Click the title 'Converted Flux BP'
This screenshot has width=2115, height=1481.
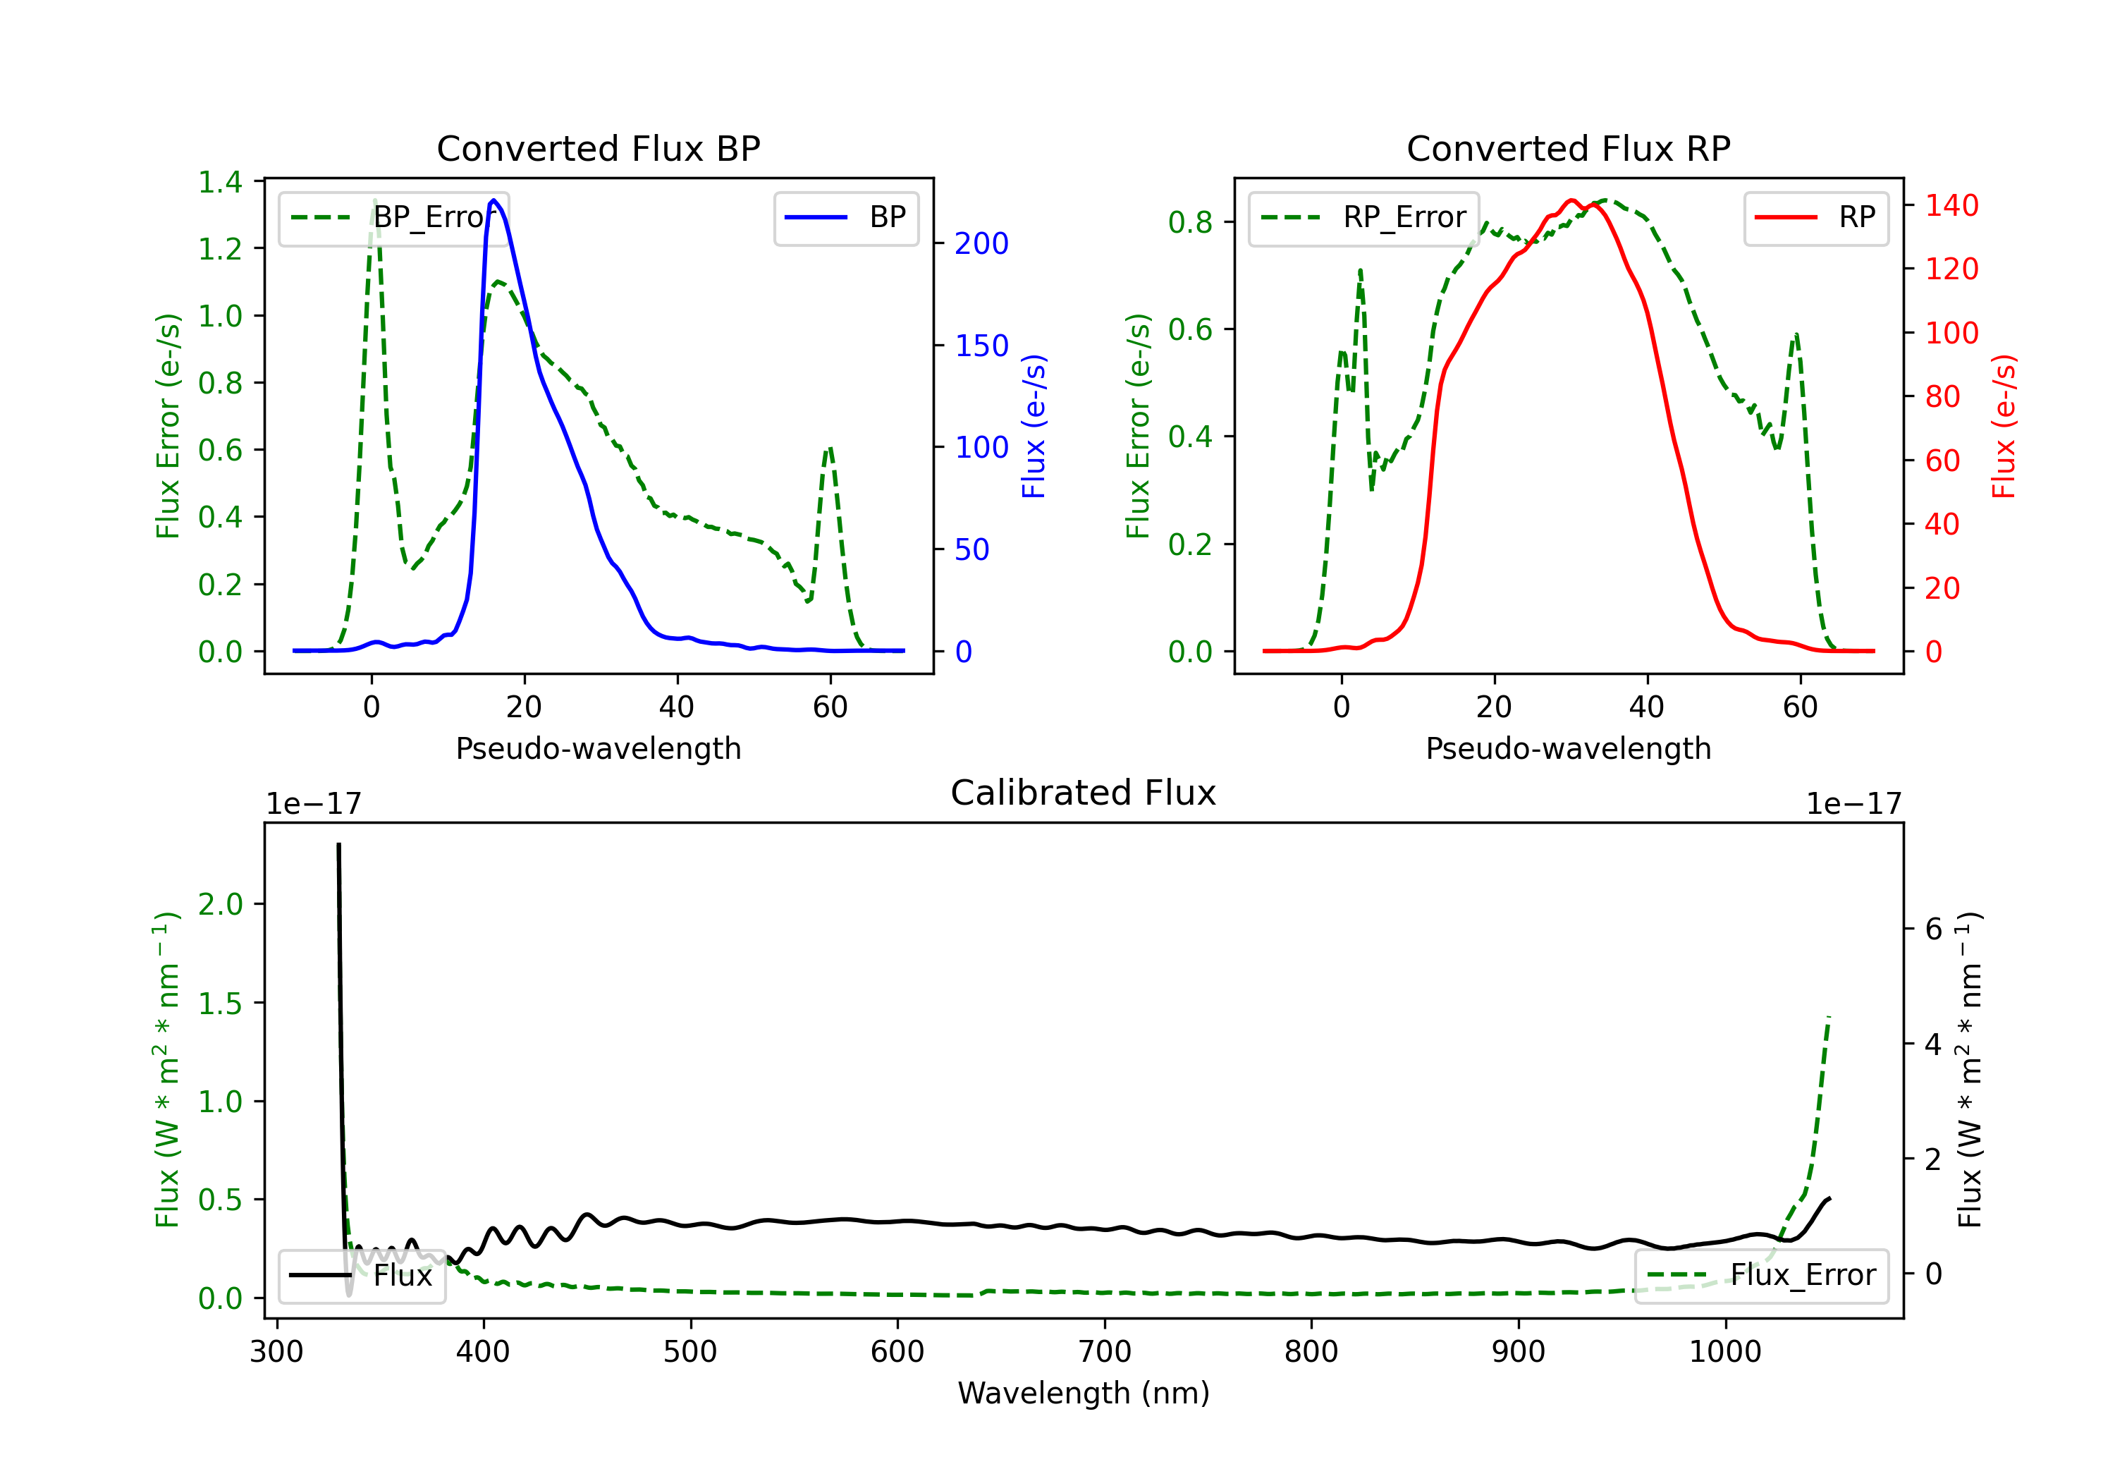[598, 148]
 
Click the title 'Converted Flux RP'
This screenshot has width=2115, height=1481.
[1568, 148]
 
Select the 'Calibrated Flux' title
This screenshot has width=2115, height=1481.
[1084, 793]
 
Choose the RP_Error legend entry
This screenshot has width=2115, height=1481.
[1363, 217]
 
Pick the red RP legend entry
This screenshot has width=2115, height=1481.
[1815, 217]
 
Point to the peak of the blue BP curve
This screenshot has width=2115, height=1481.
[493, 200]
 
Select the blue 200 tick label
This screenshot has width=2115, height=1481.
[981, 243]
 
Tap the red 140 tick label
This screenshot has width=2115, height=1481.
[1952, 205]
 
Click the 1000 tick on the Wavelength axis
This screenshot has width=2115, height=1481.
[1724, 1352]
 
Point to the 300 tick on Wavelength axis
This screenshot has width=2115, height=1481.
[276, 1352]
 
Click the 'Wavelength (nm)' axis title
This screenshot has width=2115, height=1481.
[1084, 1394]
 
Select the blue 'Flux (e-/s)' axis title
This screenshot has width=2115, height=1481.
[1034, 426]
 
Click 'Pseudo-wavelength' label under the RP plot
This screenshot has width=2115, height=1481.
[1568, 748]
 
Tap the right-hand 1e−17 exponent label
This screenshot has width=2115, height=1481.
[1853, 804]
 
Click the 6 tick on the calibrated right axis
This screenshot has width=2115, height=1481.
[1934, 929]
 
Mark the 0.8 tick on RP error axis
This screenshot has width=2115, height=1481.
[1190, 222]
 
